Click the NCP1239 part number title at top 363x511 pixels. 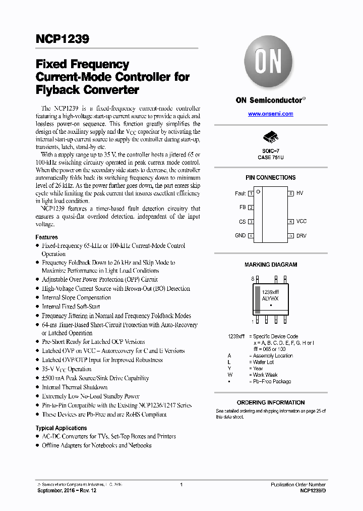pos(62,39)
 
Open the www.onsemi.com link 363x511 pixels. pos(270,114)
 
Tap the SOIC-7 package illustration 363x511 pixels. pos(270,138)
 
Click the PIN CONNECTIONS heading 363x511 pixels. pos(270,178)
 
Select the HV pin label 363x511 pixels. pos(299,193)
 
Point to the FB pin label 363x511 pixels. pos(242,208)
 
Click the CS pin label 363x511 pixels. pos(242,222)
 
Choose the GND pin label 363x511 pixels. pos(240,235)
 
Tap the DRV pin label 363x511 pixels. pos(301,236)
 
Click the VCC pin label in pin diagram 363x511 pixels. pos(301,222)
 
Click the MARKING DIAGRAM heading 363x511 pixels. pos(271,265)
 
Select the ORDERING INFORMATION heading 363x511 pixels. pos(271,402)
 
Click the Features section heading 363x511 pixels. pos(46,237)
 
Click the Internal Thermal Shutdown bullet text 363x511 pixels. pos(75,387)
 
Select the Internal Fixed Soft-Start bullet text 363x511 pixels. pos(71,306)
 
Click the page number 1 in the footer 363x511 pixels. pos(181,485)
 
